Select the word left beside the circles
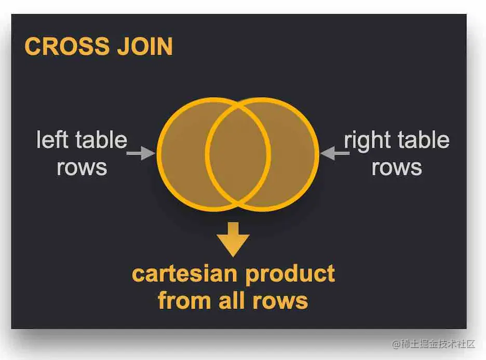51,140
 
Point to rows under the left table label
82,167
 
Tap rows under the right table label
397,167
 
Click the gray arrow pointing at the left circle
140,153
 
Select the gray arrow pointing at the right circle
334,153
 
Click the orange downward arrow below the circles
233,239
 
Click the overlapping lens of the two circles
238,154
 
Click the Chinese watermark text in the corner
434,344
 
